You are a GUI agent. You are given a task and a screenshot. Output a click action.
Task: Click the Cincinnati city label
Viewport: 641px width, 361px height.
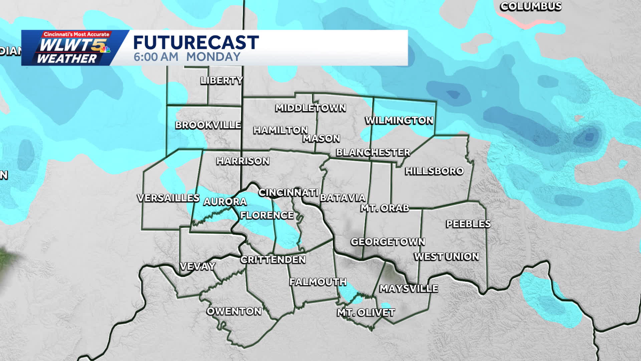288,192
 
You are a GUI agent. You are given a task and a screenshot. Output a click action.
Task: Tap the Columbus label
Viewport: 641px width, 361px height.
530,6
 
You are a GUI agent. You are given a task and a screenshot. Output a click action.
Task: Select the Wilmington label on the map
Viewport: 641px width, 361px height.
399,120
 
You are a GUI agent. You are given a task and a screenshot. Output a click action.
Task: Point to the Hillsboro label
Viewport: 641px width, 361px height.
434,171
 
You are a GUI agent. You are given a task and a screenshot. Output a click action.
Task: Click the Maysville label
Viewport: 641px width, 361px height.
409,289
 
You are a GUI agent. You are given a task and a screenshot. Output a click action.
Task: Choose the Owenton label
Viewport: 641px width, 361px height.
234,311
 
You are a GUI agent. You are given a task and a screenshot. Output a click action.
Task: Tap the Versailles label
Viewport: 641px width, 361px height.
168,198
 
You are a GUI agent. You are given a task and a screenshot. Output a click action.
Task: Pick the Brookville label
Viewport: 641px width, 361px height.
208,125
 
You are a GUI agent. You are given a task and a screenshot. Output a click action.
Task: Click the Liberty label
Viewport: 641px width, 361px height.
222,81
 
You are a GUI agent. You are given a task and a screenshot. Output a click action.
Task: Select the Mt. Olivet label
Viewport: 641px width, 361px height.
365,312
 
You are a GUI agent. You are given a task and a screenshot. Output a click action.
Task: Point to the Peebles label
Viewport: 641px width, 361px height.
468,224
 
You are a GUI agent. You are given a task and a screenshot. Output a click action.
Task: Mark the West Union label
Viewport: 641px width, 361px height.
447,257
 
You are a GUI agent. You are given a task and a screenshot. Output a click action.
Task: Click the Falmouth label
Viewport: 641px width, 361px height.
318,282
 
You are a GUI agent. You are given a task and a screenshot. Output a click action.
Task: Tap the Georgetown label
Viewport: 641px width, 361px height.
388,242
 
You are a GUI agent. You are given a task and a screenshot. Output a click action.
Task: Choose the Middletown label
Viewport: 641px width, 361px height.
310,108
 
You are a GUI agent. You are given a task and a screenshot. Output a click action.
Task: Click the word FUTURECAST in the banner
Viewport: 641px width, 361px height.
196,42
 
